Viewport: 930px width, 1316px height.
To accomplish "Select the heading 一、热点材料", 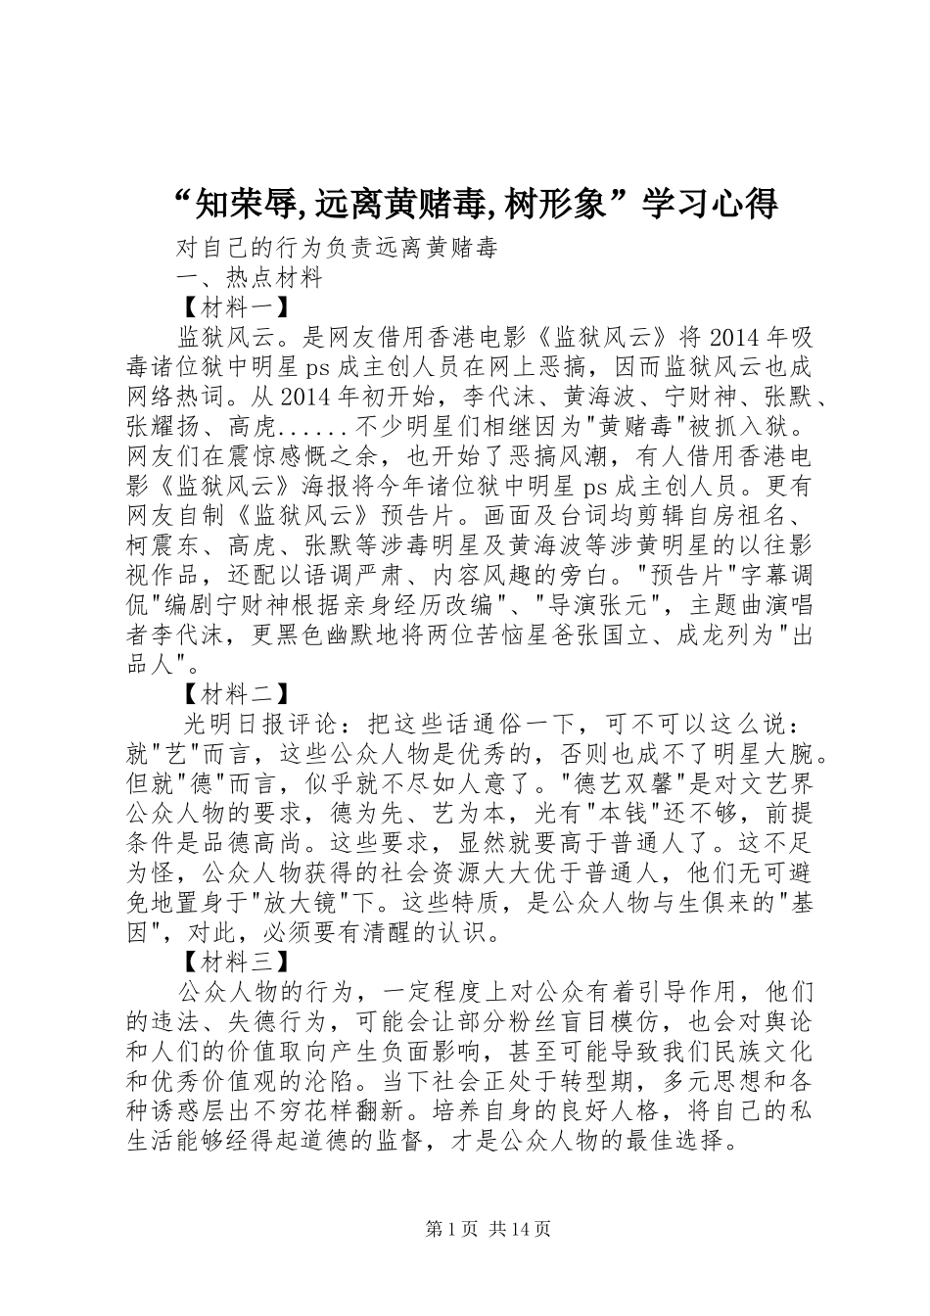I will click(251, 277).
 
